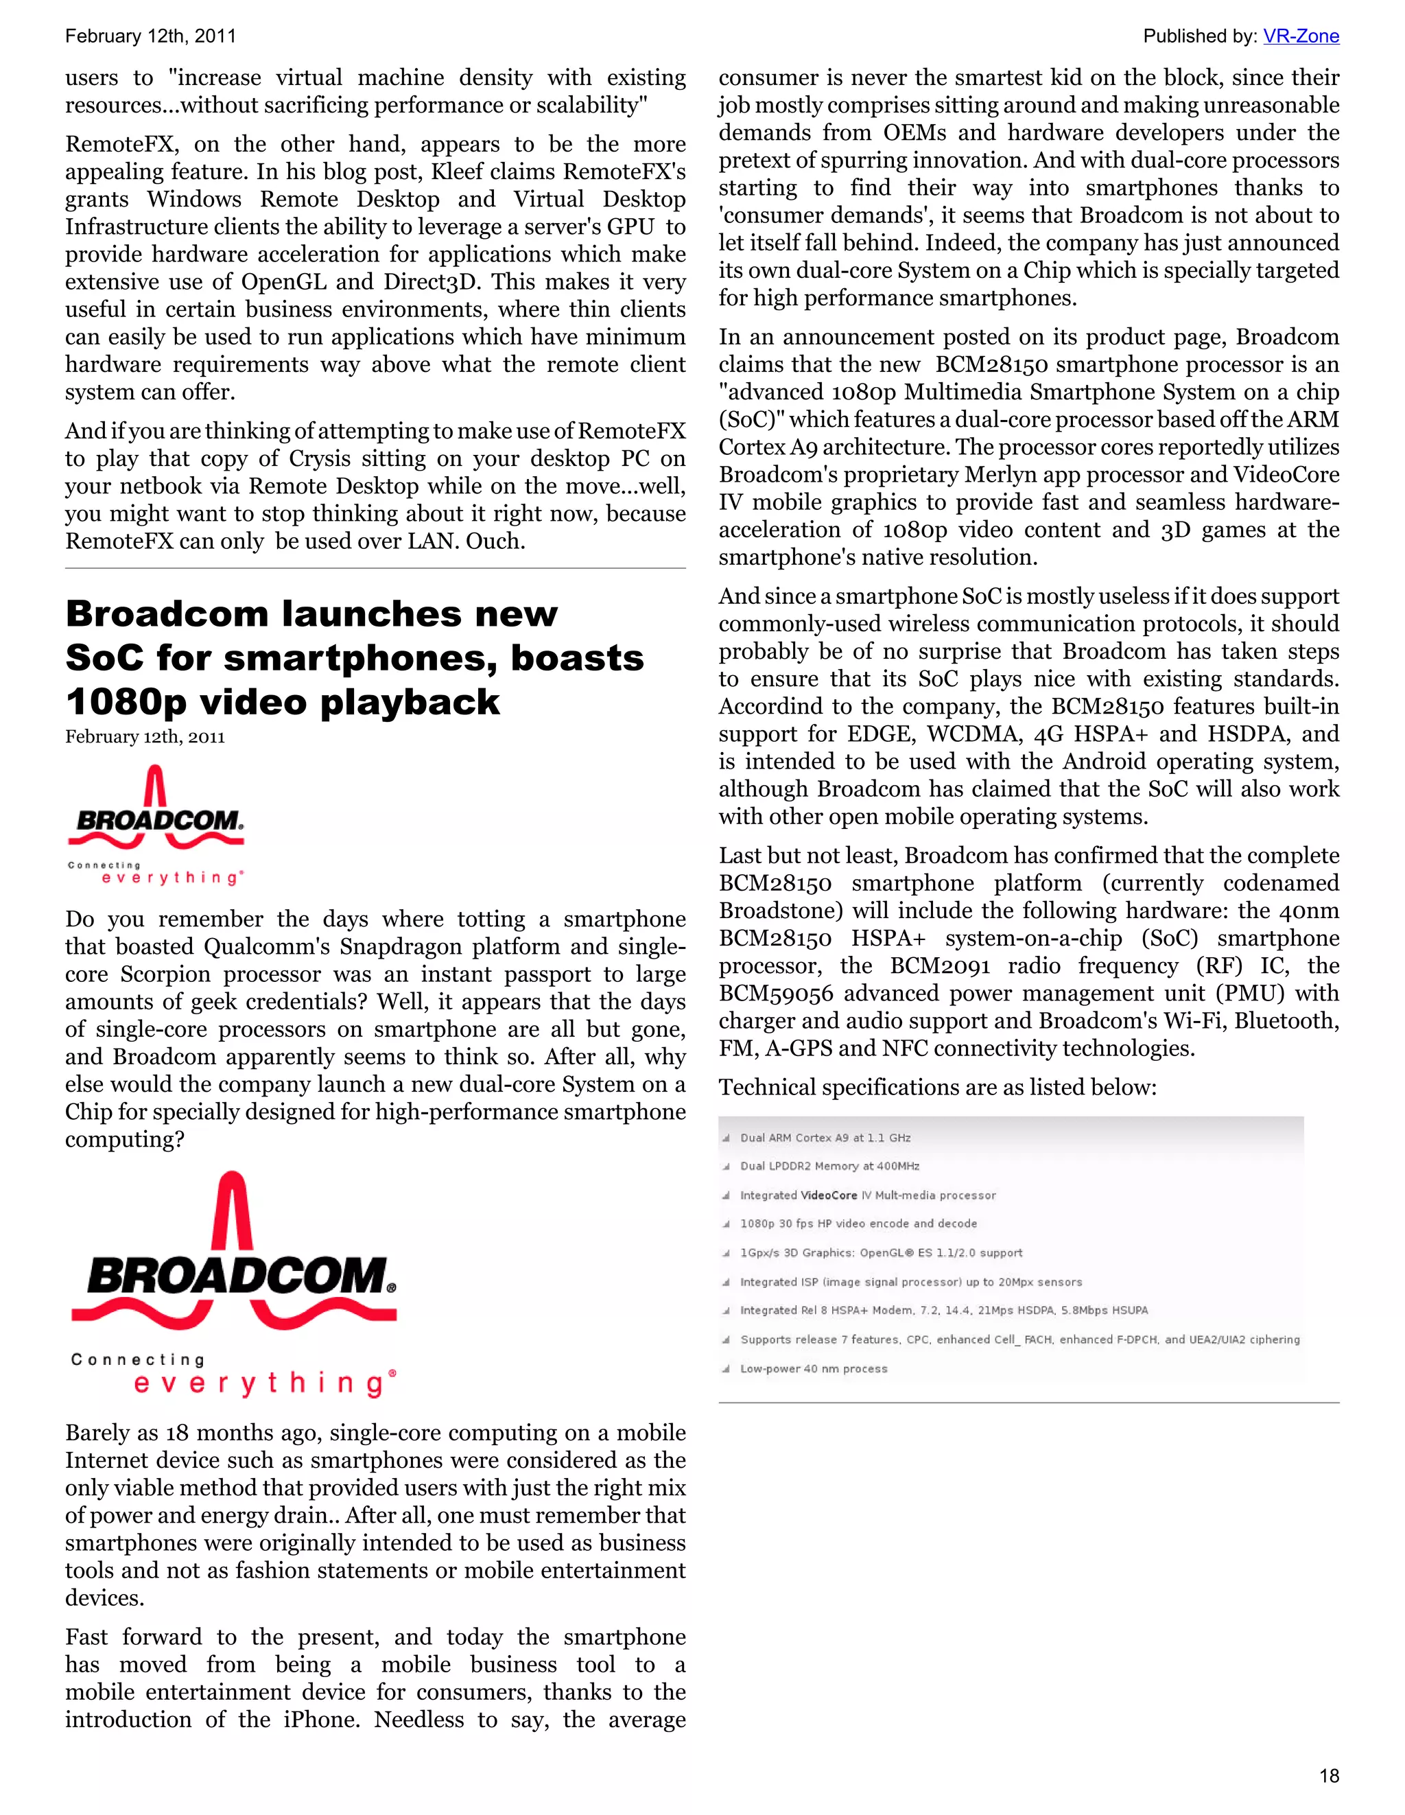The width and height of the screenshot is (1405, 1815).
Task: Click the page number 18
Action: [1329, 1776]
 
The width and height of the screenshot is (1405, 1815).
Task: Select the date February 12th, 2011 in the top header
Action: [150, 36]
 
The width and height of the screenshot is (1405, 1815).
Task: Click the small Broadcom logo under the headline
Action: [156, 825]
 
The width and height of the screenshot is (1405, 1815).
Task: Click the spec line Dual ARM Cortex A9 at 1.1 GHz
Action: [825, 1138]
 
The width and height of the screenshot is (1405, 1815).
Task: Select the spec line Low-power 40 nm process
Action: [814, 1369]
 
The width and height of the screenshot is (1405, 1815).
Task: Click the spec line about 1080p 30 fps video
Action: [858, 1223]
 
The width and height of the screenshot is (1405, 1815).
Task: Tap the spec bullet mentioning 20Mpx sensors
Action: [910, 1281]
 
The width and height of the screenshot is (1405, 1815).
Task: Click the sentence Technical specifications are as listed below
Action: [937, 1087]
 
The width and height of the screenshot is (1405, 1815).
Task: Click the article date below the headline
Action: [145, 736]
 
